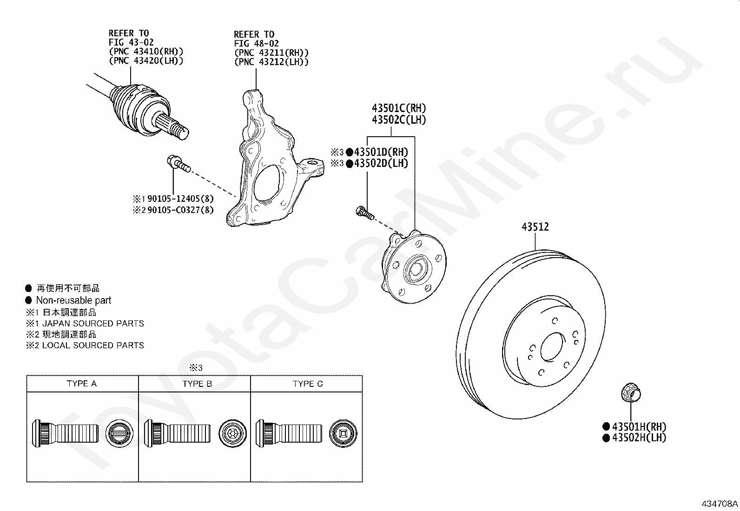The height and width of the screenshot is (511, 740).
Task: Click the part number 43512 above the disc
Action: tap(535, 227)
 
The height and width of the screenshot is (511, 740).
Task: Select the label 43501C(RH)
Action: tap(399, 108)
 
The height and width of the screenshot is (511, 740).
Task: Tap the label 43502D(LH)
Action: tap(381, 163)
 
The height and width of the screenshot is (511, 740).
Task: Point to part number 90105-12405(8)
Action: tap(180, 199)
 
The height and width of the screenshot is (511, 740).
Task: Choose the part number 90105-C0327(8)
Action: tap(180, 210)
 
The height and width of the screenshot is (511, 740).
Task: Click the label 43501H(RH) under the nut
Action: tap(639, 427)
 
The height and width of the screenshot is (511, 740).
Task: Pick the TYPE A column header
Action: tap(82, 384)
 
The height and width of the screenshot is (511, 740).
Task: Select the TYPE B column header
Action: tap(197, 384)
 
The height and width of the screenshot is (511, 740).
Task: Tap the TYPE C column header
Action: tap(308, 384)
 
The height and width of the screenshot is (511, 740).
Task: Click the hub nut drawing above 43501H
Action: tap(631, 393)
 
